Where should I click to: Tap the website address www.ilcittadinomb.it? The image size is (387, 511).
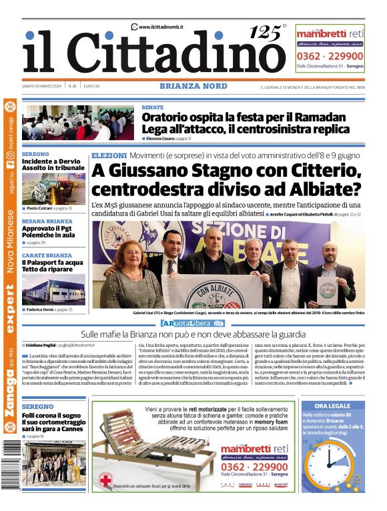pyautogui.click(x=161, y=27)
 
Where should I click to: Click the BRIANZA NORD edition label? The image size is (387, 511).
pyautogui.click(x=193, y=87)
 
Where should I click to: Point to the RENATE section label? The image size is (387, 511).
pyautogui.click(x=153, y=107)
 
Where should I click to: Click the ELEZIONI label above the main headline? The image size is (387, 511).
pyautogui.click(x=109, y=155)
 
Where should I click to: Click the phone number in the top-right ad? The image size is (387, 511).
pyautogui.click(x=330, y=56)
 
